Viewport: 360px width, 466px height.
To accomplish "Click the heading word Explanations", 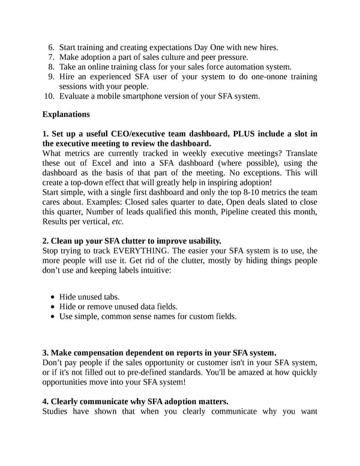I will (x=66, y=114).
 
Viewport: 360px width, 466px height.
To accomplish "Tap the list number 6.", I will (x=51, y=47).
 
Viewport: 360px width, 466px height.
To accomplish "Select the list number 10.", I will (x=49, y=96).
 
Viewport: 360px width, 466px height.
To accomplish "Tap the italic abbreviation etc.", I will (x=118, y=221).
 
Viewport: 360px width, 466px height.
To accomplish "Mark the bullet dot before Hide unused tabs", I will (x=54, y=297).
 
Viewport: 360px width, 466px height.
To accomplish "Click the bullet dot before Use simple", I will (x=54, y=316).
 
